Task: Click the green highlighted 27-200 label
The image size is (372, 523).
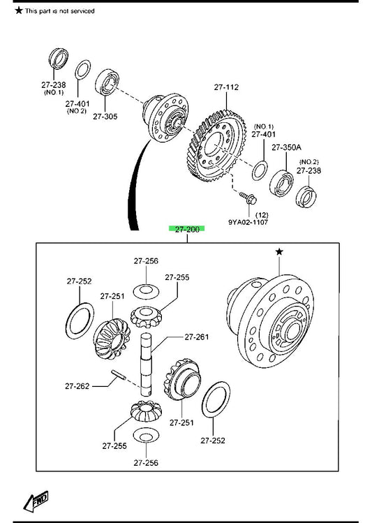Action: pos(186,229)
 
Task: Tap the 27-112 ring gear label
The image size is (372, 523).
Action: pos(226,87)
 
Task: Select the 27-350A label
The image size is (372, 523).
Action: pos(286,147)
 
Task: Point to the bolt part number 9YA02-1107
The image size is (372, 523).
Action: pos(248,222)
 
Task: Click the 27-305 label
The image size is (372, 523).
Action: pos(105,117)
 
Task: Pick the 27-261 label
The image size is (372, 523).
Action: pos(197,337)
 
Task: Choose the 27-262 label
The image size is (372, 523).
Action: pos(77,386)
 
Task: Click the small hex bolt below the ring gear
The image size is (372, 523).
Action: pos(248,198)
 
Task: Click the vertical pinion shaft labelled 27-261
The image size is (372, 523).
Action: pos(146,364)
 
